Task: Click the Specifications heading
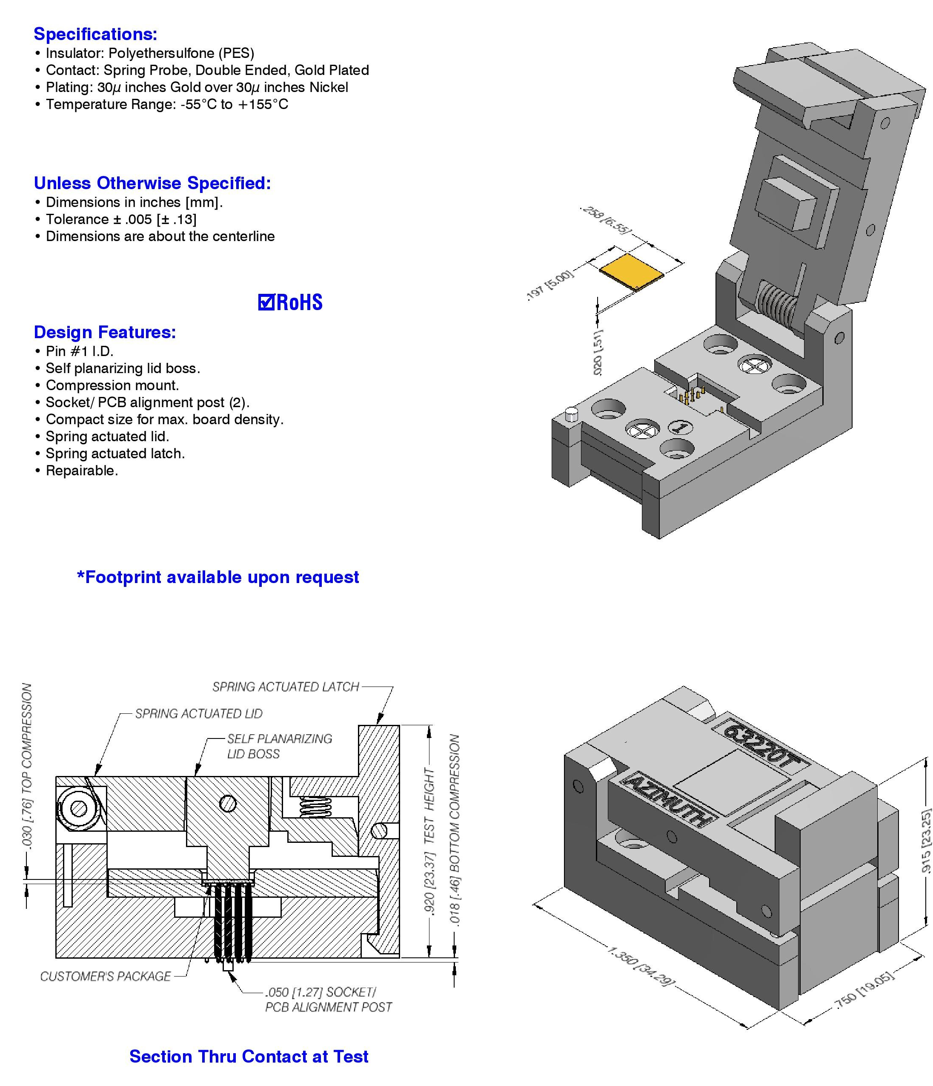tap(95, 34)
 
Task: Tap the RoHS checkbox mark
tap(266, 302)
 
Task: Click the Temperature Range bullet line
tap(166, 104)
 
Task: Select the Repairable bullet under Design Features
tap(81, 470)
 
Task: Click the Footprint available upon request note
tap(218, 577)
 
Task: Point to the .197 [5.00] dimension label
tap(550, 285)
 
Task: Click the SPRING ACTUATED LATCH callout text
tap(286, 687)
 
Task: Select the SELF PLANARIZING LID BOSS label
tap(279, 746)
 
